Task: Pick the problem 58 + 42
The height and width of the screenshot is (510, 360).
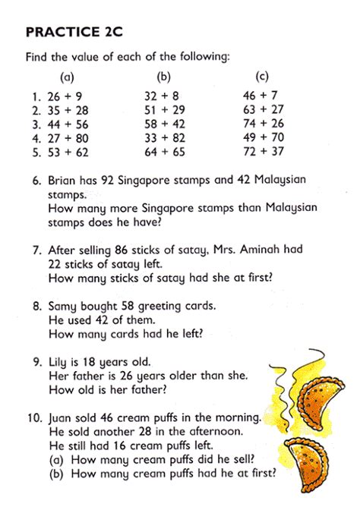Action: click(164, 124)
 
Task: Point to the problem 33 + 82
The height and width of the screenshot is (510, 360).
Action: click(164, 139)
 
